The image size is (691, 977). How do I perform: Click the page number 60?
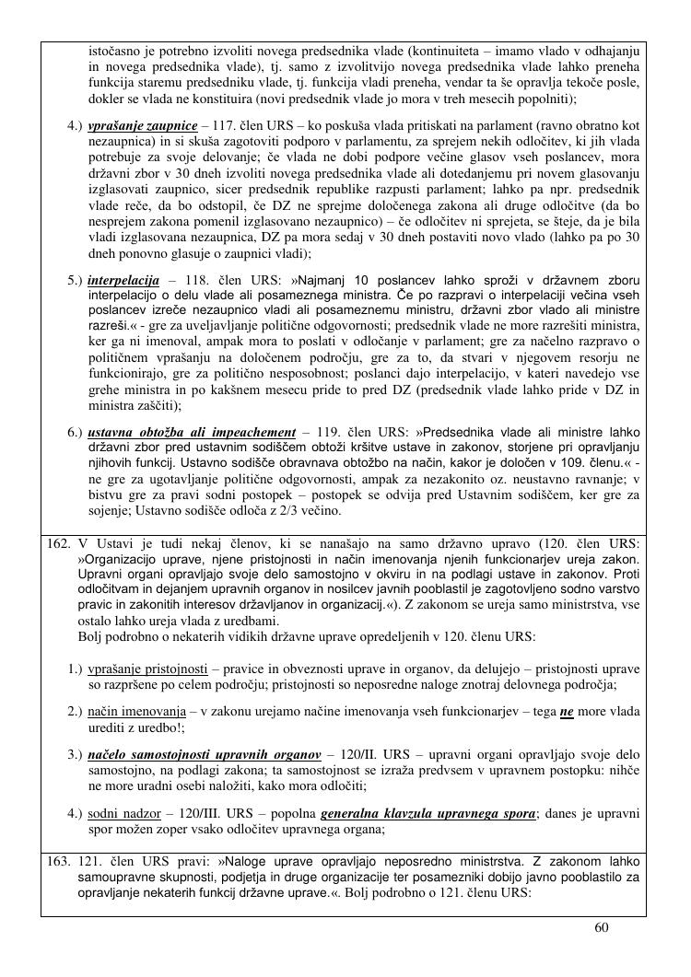click(x=602, y=927)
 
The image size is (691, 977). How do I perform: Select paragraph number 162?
click(x=58, y=544)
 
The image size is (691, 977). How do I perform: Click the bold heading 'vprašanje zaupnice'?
click(x=143, y=124)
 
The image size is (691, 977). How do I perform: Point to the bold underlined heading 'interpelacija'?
click(x=124, y=279)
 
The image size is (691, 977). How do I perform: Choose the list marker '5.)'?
click(x=76, y=279)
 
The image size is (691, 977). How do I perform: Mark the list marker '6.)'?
click(x=76, y=433)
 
